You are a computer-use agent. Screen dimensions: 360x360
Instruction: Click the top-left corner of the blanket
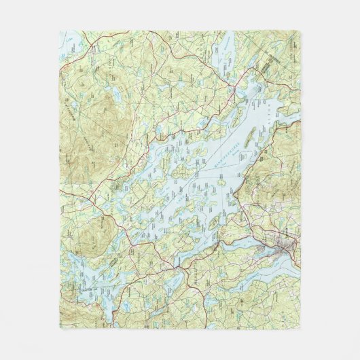[60, 31]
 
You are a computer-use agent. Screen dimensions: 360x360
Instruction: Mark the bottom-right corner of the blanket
[300, 329]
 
